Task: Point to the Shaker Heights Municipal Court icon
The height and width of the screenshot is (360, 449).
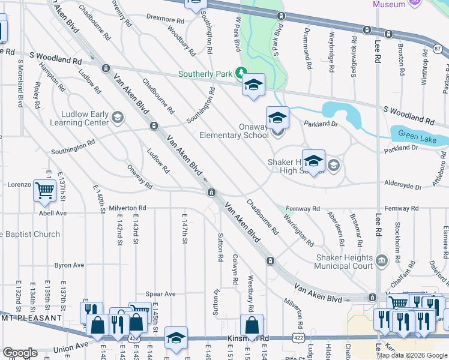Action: tap(382, 262)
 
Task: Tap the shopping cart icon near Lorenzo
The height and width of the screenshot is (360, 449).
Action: tap(44, 190)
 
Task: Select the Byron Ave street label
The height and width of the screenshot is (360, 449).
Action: tap(69, 265)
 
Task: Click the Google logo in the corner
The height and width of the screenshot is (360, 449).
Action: tap(19, 353)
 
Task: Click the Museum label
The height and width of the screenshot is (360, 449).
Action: tap(389, 4)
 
